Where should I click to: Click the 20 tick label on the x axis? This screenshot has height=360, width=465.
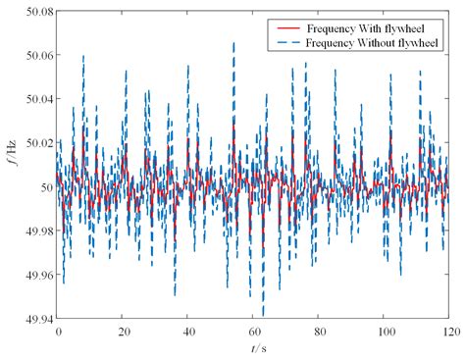(124, 332)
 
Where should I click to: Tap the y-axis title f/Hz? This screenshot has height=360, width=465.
(9, 164)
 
